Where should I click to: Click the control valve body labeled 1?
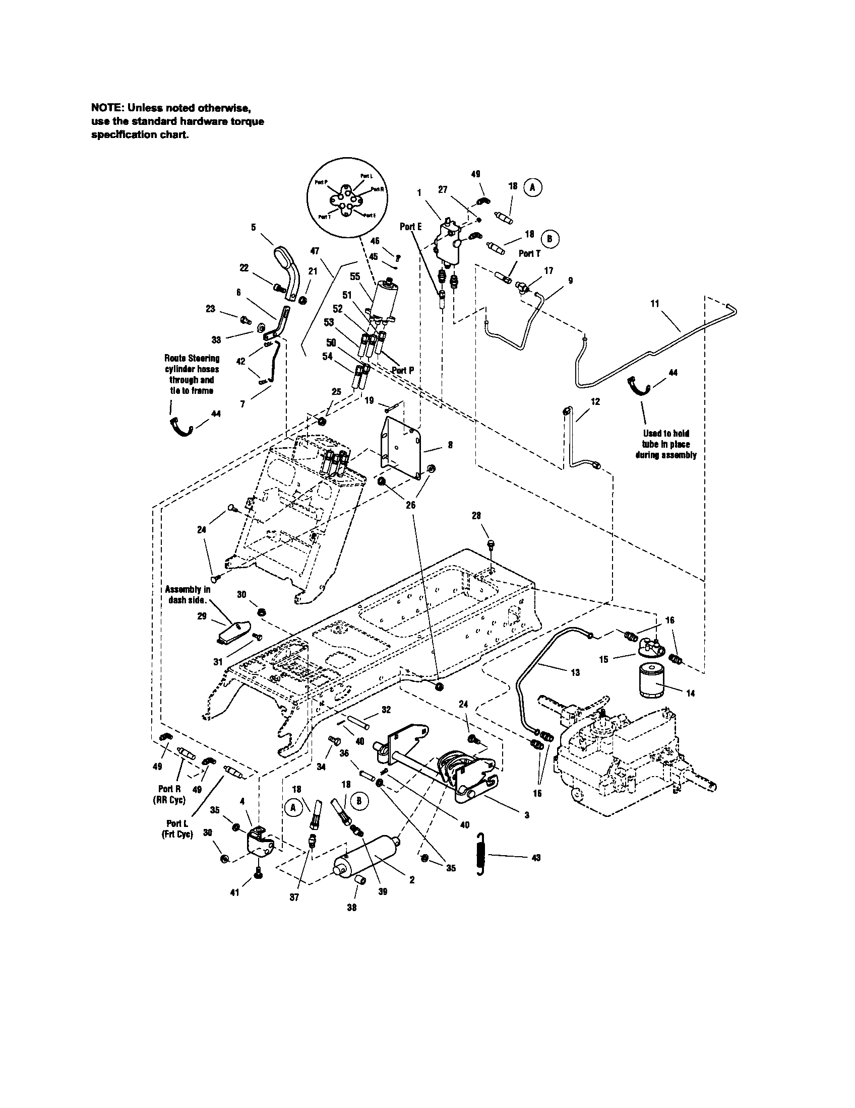point(450,243)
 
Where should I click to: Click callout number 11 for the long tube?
point(654,304)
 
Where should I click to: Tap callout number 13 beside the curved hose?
point(575,673)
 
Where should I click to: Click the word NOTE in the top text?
point(107,108)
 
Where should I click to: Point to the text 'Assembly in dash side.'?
point(187,595)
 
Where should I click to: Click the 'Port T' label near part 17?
point(529,253)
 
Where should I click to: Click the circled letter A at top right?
point(532,187)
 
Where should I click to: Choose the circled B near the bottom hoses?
point(358,800)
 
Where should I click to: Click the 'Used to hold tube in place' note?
point(665,444)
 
